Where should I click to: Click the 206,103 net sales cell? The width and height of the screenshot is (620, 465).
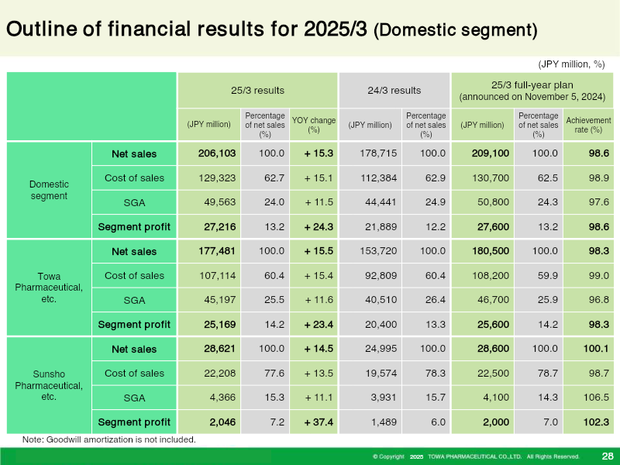point(217,153)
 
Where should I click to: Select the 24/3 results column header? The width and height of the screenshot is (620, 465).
point(394,91)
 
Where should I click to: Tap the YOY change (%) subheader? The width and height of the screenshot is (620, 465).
point(314,125)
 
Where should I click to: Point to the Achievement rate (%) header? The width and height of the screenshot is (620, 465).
point(588,125)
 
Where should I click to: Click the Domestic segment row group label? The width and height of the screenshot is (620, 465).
point(49,190)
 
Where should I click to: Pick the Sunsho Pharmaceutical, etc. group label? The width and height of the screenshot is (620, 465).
point(49,385)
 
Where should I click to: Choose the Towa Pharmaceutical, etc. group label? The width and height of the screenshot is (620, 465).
point(49,288)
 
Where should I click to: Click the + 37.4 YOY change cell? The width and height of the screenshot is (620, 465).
point(319,422)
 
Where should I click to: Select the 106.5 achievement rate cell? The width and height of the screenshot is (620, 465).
point(596,398)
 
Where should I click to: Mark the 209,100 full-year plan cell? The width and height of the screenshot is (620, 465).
point(491,153)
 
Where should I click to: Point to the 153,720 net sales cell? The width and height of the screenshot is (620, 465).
point(378,251)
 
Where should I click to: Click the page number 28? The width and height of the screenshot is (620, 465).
point(608,456)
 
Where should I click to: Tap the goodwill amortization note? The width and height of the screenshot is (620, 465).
point(109,439)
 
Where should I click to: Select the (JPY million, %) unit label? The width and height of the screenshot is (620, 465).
point(571,64)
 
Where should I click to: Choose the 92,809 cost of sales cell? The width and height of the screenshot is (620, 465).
point(381,276)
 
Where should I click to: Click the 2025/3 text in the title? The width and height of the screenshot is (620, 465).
point(336,29)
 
